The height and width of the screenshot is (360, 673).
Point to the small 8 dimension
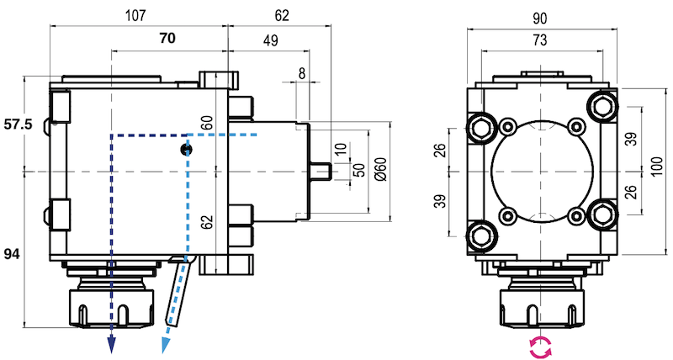click(x=303, y=73)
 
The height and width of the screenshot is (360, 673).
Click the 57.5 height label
click(x=18, y=124)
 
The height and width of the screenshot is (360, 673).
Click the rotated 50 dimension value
click(x=359, y=171)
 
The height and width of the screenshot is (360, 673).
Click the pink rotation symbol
click(x=540, y=345)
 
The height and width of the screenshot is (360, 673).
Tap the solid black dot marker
click(x=186, y=149)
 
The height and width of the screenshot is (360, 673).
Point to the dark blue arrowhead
click(x=111, y=346)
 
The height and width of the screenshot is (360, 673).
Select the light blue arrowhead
click(x=166, y=346)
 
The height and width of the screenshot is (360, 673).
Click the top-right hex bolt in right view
click(x=602, y=103)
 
